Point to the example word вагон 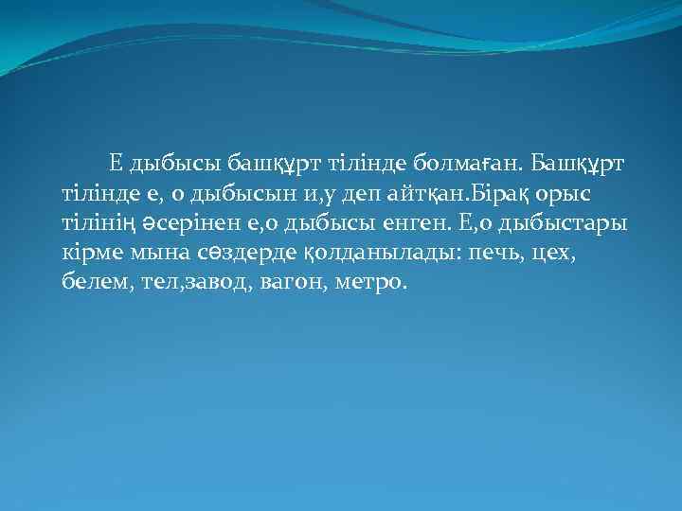coord(282,283)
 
